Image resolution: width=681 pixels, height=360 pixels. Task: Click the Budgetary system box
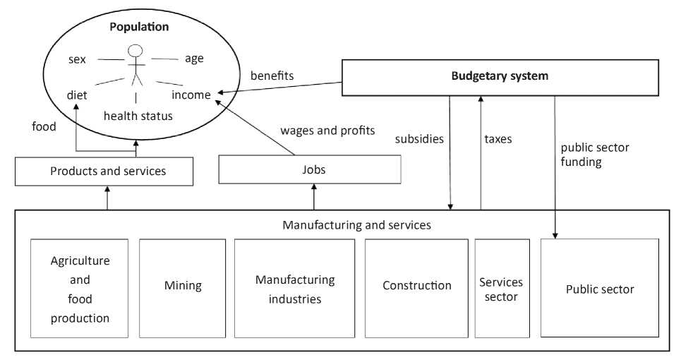coord(500,77)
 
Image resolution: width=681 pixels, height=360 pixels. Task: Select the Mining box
coord(183,286)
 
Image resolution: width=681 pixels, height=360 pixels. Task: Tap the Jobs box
coord(310,170)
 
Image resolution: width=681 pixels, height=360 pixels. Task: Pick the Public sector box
coord(600,289)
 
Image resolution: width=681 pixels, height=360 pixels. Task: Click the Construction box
coord(416,286)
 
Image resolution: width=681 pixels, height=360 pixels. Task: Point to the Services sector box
coord(502,289)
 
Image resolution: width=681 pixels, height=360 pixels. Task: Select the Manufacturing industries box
coord(295,289)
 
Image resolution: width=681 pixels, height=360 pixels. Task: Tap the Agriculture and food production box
coord(80,289)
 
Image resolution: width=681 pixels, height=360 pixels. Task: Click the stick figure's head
coord(135,51)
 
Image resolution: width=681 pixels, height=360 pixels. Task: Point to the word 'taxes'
coord(498,139)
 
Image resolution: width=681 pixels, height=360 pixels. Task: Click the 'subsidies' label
coord(419,139)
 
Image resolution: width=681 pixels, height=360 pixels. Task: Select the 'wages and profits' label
coord(327,131)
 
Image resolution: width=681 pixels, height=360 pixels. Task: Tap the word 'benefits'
coord(272,76)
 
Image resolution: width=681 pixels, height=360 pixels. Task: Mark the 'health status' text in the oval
coord(138,116)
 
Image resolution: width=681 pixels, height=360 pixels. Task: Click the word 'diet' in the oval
coord(77,95)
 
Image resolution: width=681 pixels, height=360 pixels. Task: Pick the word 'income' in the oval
coord(191,95)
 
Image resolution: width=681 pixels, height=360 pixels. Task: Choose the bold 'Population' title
coord(139,27)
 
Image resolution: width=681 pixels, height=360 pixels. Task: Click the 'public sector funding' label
coord(595,155)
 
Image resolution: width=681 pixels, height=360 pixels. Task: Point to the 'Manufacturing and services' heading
coord(356,225)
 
